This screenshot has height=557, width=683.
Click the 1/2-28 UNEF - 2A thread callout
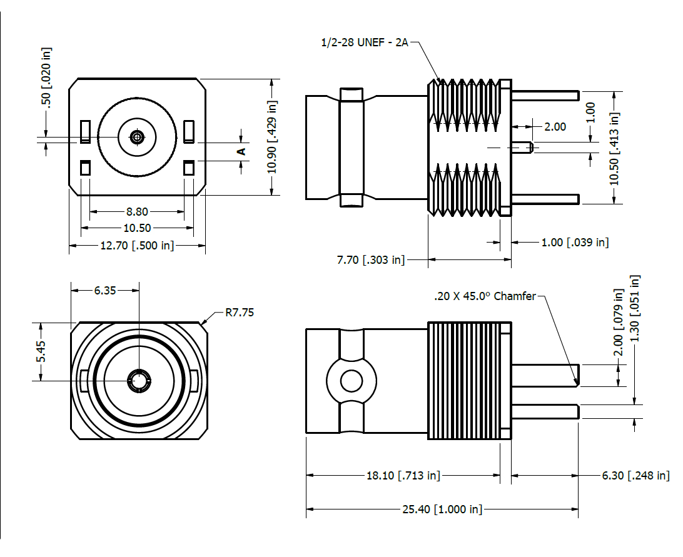[364, 43]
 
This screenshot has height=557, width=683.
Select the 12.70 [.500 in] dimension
[137, 246]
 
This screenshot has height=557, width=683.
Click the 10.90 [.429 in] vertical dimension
[272, 137]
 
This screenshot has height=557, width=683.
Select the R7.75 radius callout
[240, 313]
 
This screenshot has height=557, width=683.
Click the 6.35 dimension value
[104, 290]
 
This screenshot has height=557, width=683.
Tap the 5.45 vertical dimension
[41, 351]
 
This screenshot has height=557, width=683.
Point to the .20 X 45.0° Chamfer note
[485, 296]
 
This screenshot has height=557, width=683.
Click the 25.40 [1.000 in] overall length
[442, 509]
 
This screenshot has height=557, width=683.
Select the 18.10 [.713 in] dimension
[403, 476]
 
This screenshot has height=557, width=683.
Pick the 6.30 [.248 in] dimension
[635, 476]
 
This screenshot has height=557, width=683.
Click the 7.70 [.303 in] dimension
[371, 259]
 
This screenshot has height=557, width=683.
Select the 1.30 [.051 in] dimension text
[635, 308]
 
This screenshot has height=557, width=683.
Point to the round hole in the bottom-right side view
[352, 379]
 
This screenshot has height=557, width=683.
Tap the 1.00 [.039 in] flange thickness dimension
[574, 242]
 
